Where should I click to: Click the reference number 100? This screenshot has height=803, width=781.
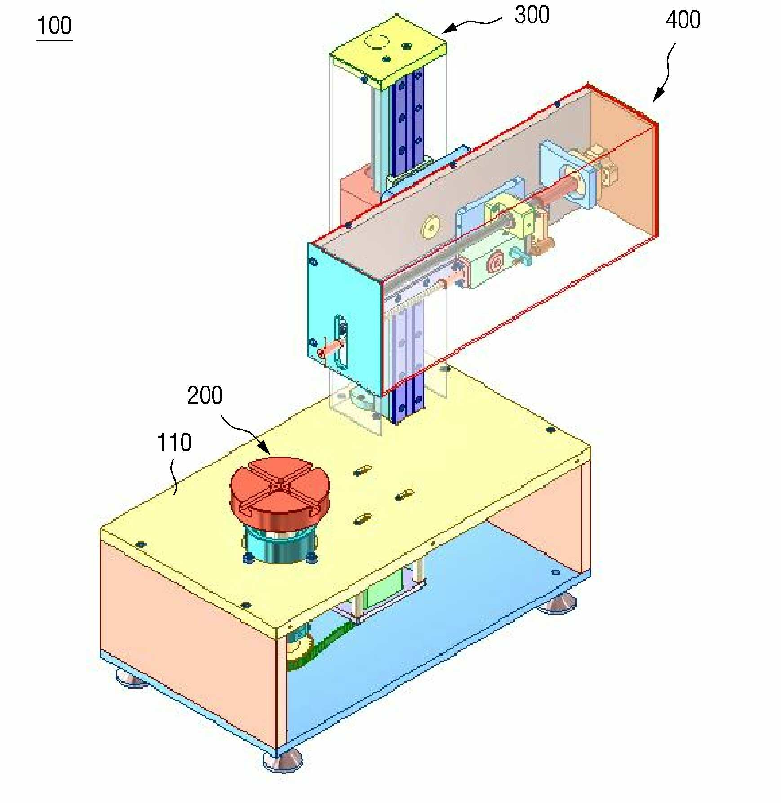[54, 26]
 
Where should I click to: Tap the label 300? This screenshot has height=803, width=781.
[532, 15]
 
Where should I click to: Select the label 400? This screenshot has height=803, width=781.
[683, 20]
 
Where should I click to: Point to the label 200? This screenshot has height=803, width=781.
[205, 395]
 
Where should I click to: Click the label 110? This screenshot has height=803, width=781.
[174, 442]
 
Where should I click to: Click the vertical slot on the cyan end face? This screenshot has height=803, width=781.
[341, 342]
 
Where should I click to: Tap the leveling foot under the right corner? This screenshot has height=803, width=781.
[558, 603]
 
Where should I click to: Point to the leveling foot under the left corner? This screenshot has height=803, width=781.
[131, 679]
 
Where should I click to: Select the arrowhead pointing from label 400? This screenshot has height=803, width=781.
[658, 95]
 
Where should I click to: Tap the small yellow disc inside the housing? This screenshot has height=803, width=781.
[430, 227]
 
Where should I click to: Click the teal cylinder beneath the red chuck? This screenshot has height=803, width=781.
[280, 544]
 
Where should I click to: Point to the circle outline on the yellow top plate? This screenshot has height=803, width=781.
[377, 41]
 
